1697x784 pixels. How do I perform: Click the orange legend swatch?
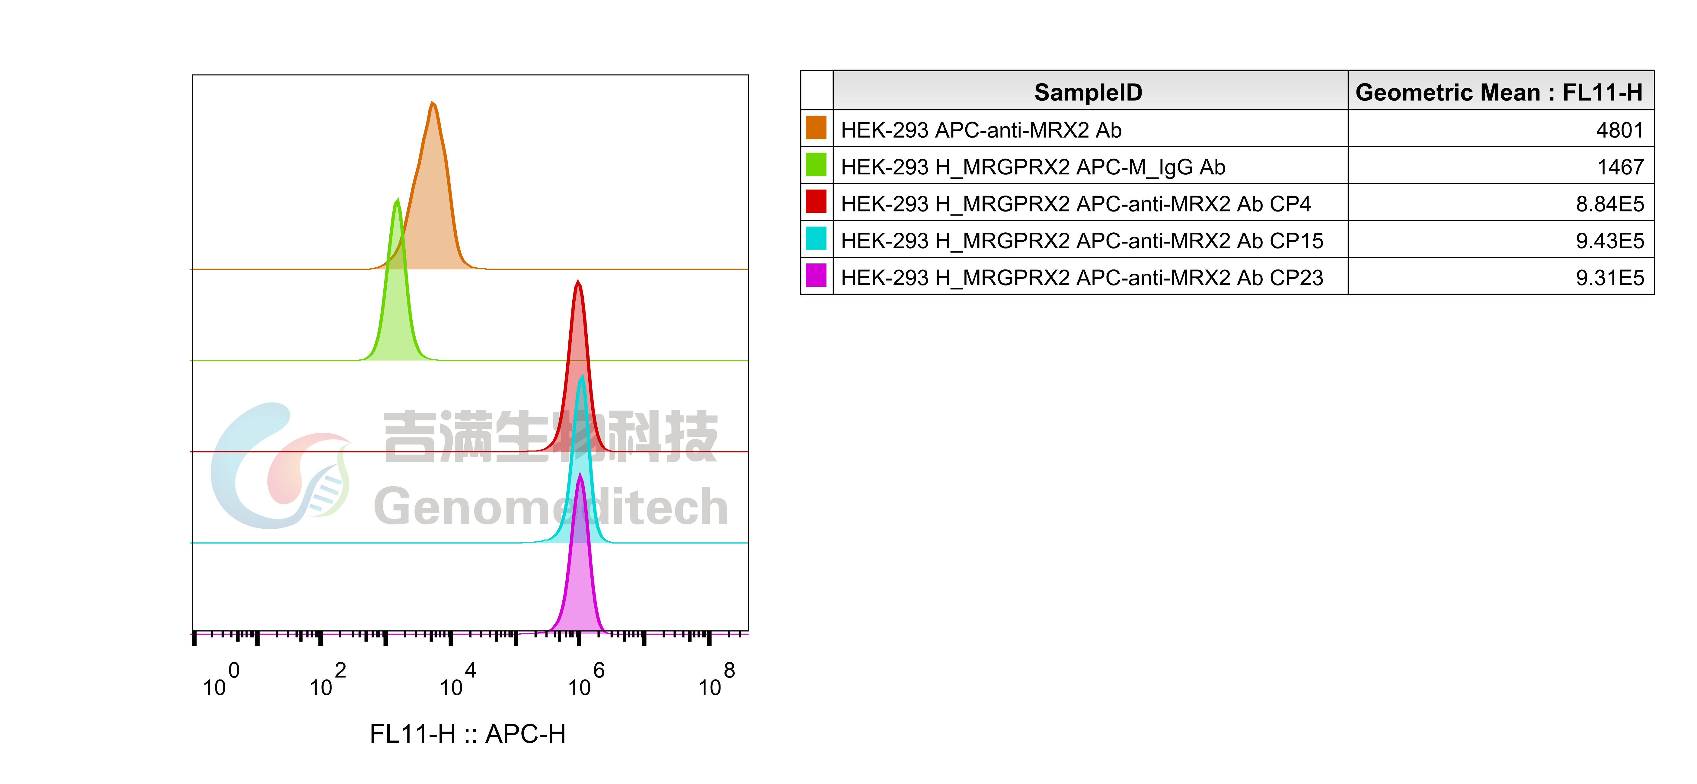coord(816,127)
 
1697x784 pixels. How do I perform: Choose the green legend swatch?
coord(816,164)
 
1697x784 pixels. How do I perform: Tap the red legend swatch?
coord(816,201)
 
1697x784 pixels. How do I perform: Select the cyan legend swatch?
coord(816,238)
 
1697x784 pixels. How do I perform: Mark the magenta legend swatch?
coord(816,275)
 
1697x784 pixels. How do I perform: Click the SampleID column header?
coord(1088,92)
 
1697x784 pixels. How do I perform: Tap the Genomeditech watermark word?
coord(550,507)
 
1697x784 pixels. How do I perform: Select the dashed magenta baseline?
coord(329,634)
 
